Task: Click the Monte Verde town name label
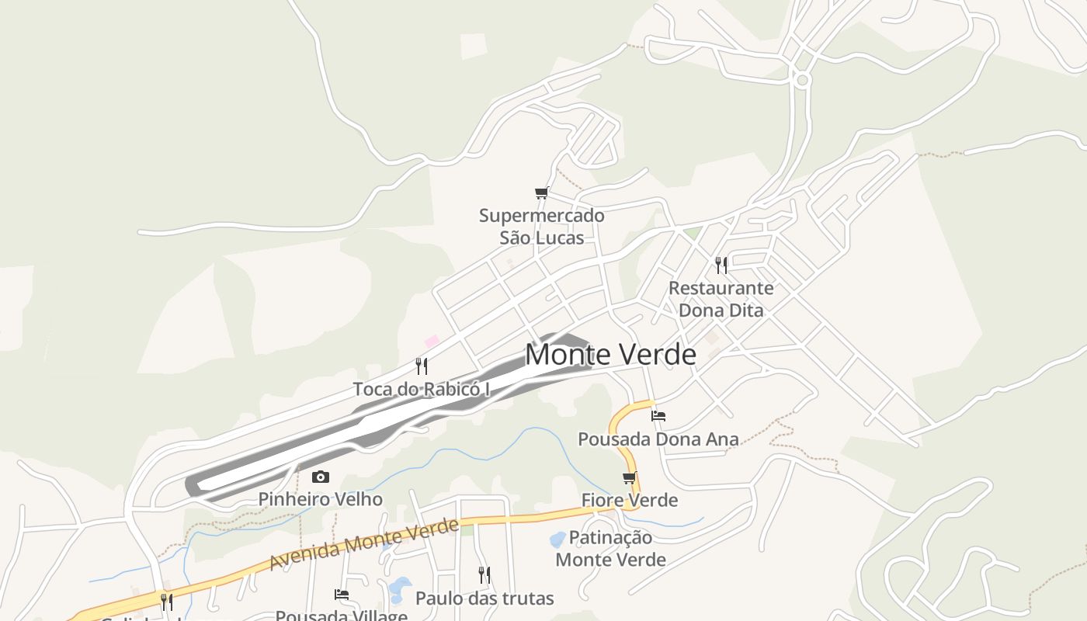coord(611,354)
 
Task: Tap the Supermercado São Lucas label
coord(541,226)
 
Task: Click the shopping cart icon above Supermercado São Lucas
coord(541,193)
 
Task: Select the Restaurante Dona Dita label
coord(721,299)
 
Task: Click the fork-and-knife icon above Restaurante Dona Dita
coord(721,265)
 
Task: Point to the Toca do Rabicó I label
coord(422,389)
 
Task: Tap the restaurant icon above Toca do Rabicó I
coord(422,366)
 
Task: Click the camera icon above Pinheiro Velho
coord(320,477)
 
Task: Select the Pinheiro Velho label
coord(320,499)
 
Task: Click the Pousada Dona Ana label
coord(658,439)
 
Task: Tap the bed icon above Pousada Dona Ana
coord(658,416)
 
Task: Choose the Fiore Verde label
coord(630,501)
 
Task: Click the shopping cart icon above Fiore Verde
coord(630,478)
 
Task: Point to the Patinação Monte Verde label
coord(611,548)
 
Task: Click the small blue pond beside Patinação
coord(557,539)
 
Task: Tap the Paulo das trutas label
coord(484,598)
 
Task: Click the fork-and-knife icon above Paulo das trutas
coord(484,575)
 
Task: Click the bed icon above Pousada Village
coord(342,595)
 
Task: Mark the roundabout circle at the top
coord(803,79)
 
